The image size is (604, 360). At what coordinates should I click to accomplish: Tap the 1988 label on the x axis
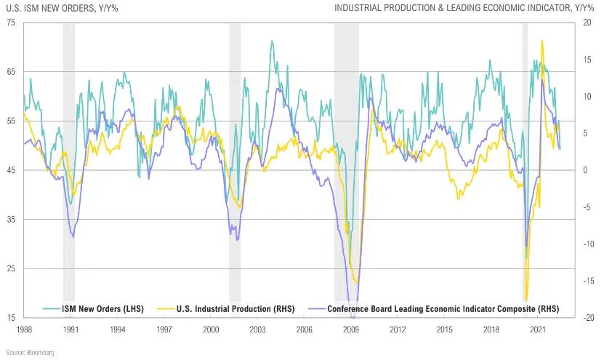(x=25, y=329)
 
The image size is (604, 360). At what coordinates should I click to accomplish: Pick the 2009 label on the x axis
(x=351, y=329)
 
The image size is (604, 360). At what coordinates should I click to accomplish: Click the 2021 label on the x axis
(x=538, y=329)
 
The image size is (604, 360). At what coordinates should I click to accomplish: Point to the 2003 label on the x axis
(x=258, y=329)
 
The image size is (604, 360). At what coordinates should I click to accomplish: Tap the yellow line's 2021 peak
(x=542, y=41)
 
